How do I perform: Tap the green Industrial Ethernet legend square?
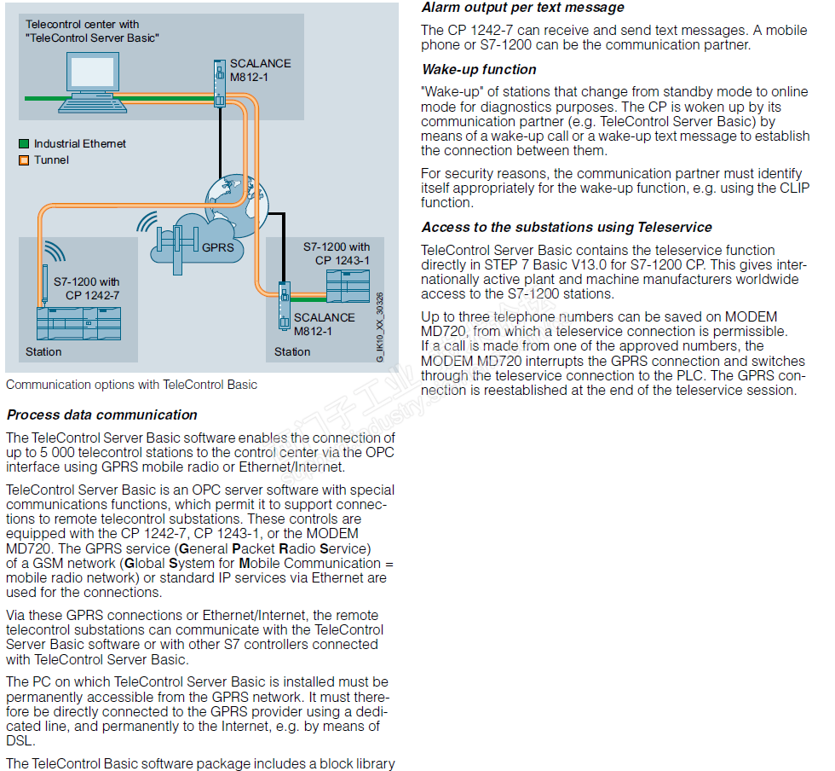pos(24,144)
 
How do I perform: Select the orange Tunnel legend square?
pos(24,159)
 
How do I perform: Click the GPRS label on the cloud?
pos(217,247)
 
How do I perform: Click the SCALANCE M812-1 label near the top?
pos(260,69)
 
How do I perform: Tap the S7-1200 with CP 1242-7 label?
pos(86,288)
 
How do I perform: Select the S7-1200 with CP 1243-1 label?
pos(337,253)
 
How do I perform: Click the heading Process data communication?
pos(102,414)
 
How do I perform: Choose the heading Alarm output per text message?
pos(523,8)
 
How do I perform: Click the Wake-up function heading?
pos(479,69)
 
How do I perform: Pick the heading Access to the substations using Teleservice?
pos(567,227)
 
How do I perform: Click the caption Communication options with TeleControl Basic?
pos(131,385)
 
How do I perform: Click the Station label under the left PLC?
pos(43,351)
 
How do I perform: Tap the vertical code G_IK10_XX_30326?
pos(380,328)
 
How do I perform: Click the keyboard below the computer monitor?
pos(92,107)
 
